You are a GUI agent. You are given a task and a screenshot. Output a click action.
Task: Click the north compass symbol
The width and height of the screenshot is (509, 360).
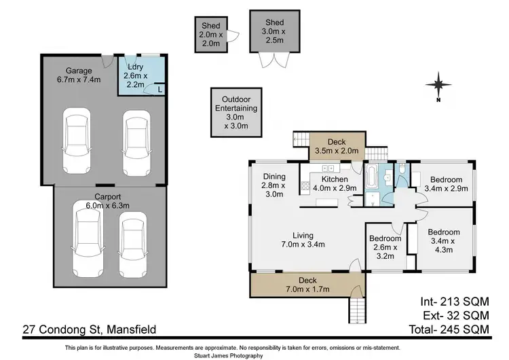point(439,86)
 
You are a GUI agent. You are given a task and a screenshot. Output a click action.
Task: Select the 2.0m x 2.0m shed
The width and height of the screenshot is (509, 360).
point(209,33)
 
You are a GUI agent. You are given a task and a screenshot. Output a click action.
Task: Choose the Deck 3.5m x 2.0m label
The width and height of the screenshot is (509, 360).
point(337,146)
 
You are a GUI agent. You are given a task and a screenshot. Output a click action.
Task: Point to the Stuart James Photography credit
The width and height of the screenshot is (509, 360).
point(254,355)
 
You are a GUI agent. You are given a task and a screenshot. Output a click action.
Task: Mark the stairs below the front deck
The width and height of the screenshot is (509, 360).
point(357,312)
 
